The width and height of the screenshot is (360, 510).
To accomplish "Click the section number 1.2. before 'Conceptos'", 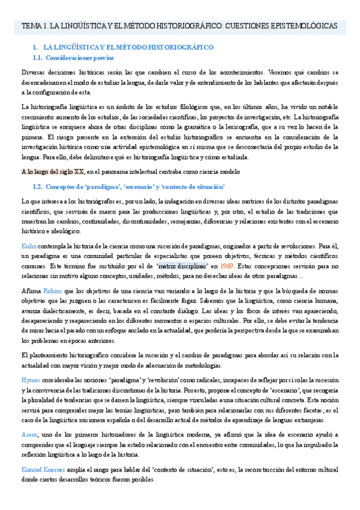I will click(38, 187).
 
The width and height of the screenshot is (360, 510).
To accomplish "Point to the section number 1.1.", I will click(38, 57).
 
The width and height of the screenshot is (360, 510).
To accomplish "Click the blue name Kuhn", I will click(29, 247).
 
